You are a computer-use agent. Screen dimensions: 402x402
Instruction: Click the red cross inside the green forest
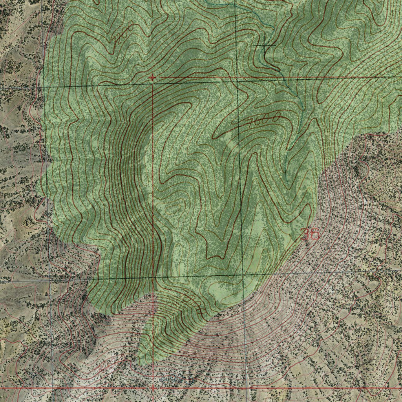pos(152,78)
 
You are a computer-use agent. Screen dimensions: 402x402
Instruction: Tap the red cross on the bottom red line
pos(153,388)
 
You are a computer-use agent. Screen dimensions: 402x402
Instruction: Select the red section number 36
pos(310,234)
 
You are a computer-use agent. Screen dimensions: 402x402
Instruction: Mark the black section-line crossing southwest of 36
pos(242,274)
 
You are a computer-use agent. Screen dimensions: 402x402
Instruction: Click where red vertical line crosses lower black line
pos(153,277)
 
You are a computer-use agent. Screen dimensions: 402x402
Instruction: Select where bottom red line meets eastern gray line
pos(247,388)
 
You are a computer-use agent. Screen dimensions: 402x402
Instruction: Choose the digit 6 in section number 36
pos(314,234)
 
